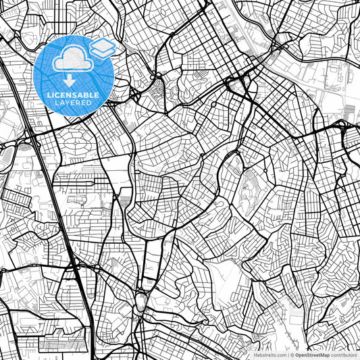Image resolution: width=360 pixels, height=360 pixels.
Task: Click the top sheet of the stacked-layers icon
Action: (102, 45)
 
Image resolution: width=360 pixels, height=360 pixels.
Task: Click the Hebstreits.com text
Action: (269, 355)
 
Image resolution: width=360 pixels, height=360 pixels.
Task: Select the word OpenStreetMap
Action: (312, 355)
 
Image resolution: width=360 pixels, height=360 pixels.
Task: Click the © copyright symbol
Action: (291, 355)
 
